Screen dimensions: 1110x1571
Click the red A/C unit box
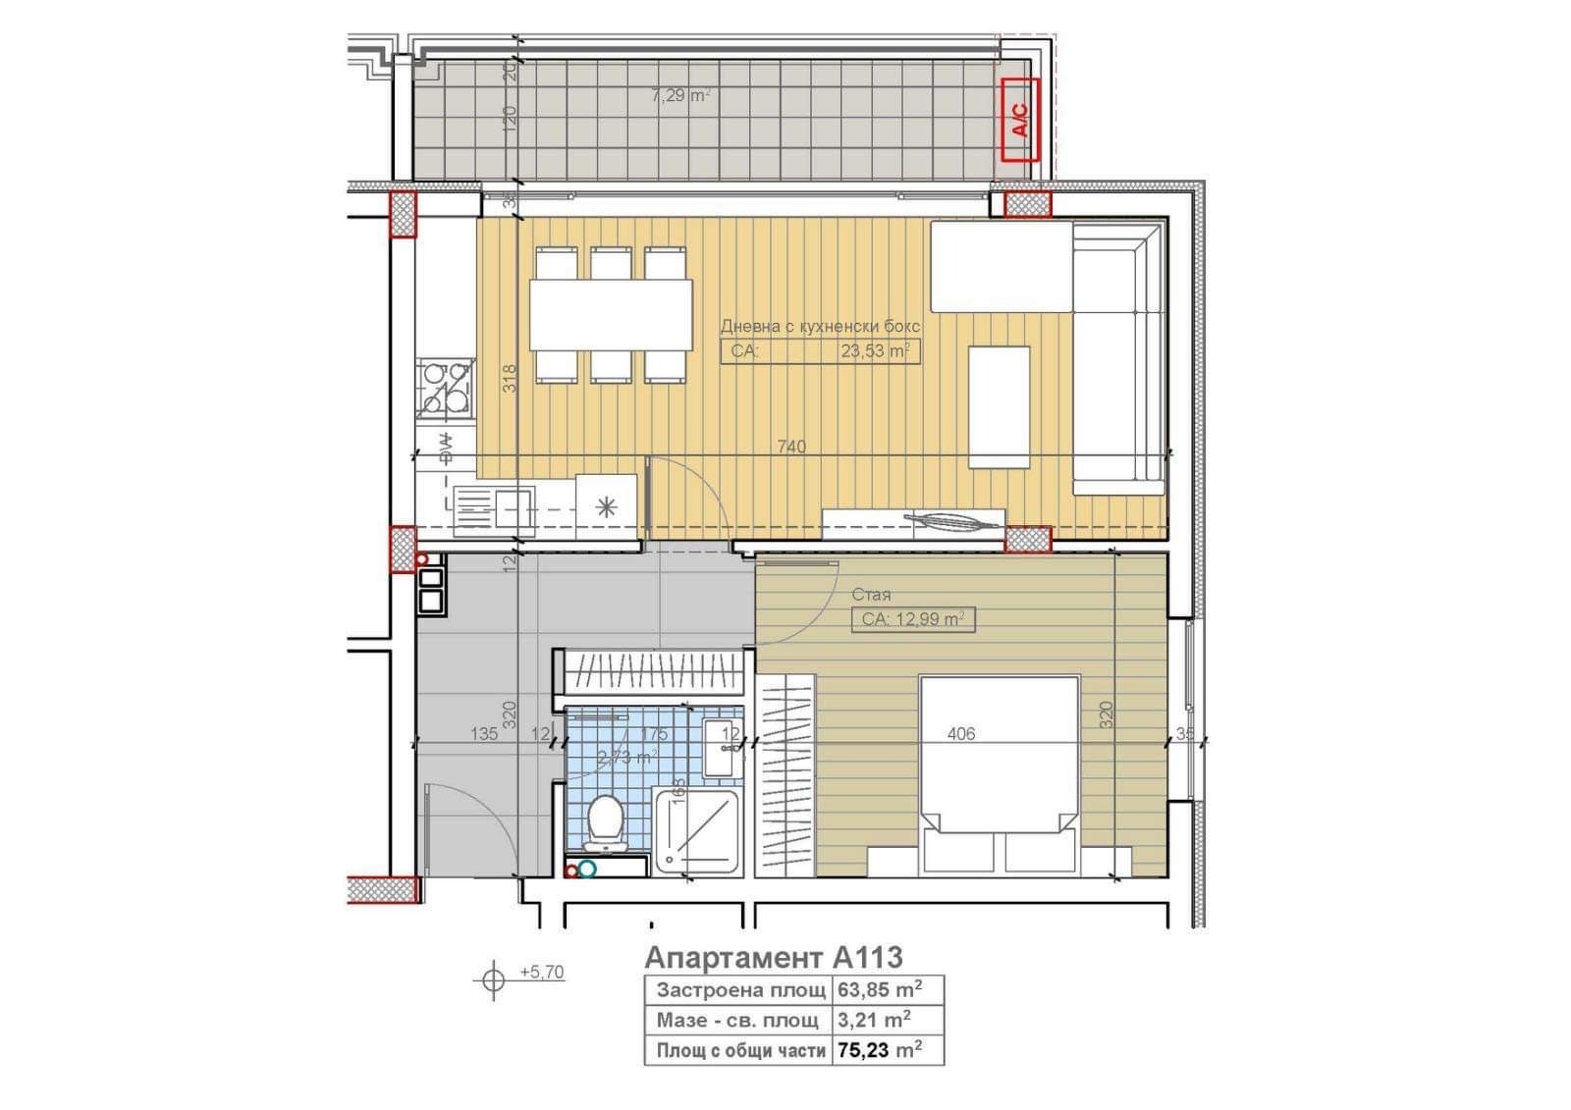click(x=1020, y=120)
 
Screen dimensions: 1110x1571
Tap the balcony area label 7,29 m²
click(x=680, y=96)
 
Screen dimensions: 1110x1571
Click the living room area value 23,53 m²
click(x=874, y=351)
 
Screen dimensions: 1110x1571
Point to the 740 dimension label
click(x=791, y=447)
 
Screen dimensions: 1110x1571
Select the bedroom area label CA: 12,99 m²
click(x=912, y=619)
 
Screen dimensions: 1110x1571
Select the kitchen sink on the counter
click(x=495, y=509)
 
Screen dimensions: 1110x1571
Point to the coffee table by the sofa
click(x=999, y=407)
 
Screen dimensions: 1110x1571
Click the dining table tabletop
click(x=611, y=315)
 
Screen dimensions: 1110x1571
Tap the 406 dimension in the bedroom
click(x=961, y=733)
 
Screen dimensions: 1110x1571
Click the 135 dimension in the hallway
click(x=484, y=733)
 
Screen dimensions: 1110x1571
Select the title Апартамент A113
click(x=773, y=957)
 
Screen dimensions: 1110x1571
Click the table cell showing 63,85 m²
click(x=879, y=989)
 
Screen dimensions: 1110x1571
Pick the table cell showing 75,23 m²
click(x=879, y=1050)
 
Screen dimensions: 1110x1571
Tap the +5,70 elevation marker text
click(x=542, y=973)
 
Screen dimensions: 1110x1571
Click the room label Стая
click(x=871, y=594)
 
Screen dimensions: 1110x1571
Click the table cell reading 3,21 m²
click(x=873, y=1020)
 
